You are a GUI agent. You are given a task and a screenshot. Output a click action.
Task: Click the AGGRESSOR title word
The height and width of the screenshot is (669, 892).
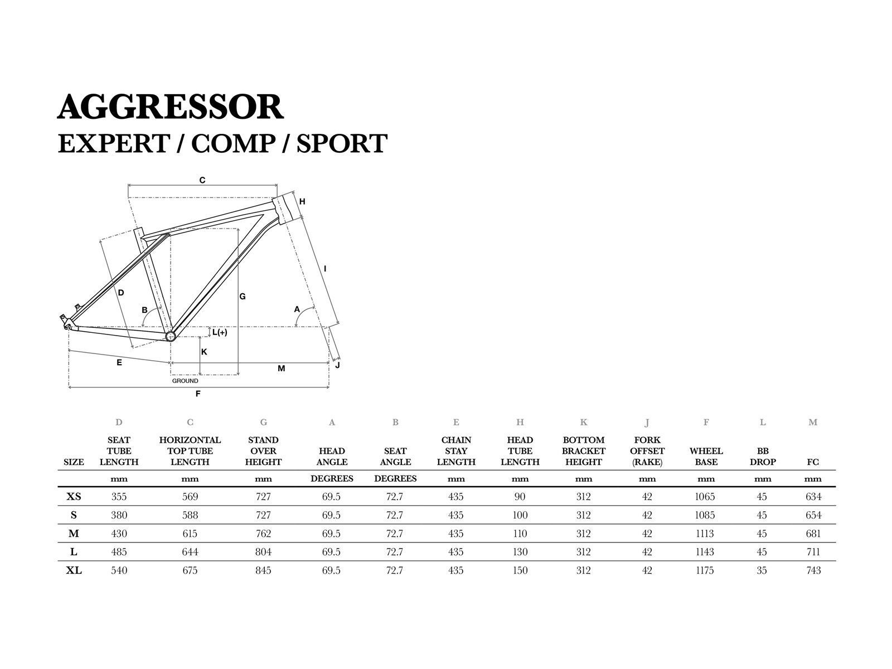tap(171, 107)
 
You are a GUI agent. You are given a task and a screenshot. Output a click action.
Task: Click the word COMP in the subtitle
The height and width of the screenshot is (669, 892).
tap(233, 144)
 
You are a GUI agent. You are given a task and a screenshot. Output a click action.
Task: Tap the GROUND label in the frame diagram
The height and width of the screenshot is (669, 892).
tap(185, 381)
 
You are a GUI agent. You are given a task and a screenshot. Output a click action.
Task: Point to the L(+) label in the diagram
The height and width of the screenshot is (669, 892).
tap(220, 332)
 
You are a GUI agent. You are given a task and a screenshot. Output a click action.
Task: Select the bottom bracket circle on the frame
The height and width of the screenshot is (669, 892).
tap(170, 336)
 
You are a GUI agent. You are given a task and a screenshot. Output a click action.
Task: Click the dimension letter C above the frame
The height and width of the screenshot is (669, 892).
tap(202, 180)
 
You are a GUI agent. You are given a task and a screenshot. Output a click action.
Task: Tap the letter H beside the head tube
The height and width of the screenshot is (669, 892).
tap(302, 201)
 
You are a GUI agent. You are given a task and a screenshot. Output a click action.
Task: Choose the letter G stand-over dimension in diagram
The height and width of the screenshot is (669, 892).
tap(243, 297)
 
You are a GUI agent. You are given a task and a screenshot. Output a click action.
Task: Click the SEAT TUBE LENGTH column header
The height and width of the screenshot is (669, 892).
tap(119, 451)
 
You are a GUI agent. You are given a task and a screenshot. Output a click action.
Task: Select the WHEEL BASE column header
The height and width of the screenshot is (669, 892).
tap(706, 457)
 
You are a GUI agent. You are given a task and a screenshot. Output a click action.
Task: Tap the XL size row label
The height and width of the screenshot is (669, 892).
tap(74, 570)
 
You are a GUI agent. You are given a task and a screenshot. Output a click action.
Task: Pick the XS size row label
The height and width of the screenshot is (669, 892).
tap(74, 497)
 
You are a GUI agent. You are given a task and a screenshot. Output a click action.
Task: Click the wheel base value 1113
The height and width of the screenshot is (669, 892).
tap(705, 534)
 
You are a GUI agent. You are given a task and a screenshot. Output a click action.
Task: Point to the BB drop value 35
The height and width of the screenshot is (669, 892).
tap(762, 570)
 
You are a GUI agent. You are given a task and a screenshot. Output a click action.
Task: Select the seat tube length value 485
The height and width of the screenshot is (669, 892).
tap(119, 552)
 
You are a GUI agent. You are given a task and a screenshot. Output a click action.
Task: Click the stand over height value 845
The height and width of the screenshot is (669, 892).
tap(263, 570)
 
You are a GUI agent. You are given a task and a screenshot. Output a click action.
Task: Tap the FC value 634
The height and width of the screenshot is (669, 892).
tap(813, 497)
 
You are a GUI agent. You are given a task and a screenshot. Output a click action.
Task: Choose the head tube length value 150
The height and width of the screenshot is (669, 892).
tap(520, 570)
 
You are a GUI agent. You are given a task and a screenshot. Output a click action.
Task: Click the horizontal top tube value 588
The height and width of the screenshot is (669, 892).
tap(190, 515)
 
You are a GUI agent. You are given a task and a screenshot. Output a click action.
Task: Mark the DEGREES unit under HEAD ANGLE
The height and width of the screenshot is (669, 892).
tap(332, 479)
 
